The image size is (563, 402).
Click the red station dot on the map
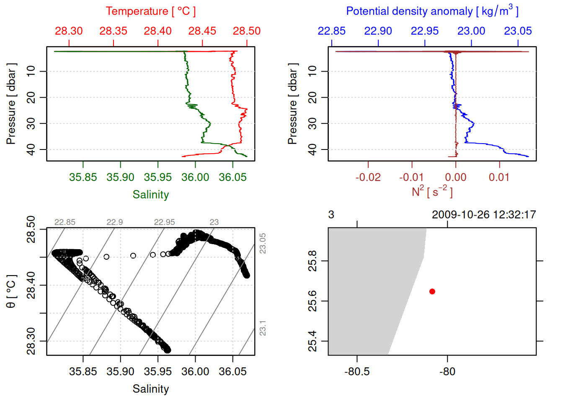432,291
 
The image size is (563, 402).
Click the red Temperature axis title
150,11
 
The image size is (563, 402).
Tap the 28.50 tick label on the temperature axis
247,31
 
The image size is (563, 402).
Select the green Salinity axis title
150,195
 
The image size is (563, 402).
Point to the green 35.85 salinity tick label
83,178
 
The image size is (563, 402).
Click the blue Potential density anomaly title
432,11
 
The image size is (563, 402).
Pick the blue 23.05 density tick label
518,31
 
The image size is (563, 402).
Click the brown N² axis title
432,192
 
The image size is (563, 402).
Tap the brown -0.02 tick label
368,178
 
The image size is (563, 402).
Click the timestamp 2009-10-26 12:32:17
484,215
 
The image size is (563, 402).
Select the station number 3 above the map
331,215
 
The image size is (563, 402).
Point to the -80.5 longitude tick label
357,372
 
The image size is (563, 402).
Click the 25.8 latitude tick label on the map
312,261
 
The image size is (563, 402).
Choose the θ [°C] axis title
11,291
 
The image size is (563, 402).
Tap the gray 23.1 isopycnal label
263,328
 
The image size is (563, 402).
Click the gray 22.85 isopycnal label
65,222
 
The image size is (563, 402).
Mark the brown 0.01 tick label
499,178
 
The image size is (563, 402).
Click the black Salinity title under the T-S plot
150,389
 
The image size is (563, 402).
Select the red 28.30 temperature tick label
69,31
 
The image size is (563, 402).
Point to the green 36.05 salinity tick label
232,178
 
